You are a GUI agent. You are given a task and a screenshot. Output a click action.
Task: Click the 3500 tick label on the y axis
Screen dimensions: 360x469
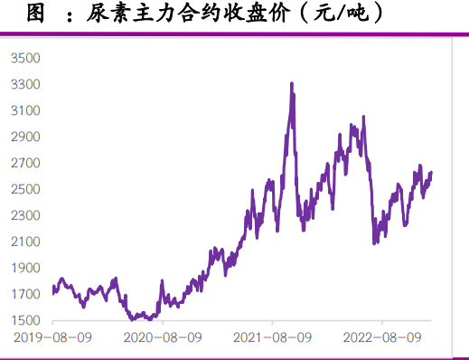click(26, 58)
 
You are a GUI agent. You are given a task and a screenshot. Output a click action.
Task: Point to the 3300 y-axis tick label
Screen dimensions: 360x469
click(26, 84)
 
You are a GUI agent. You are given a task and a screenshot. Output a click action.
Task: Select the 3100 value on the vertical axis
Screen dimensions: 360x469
click(26, 110)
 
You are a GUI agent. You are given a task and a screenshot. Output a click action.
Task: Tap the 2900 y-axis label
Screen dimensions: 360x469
click(26, 137)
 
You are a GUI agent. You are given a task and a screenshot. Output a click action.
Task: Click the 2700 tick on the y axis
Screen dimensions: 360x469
click(26, 163)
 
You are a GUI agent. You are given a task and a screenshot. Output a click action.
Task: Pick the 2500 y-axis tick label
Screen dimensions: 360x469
click(26, 189)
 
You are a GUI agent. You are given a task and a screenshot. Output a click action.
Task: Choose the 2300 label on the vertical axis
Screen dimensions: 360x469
click(26, 215)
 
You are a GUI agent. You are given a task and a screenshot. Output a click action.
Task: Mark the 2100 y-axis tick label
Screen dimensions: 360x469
click(26, 242)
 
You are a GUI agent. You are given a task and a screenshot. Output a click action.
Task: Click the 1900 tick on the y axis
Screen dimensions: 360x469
click(26, 268)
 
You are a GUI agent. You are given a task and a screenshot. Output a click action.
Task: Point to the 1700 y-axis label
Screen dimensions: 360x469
click(26, 294)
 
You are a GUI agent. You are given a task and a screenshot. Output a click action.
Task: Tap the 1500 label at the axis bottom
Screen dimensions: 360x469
click(26, 320)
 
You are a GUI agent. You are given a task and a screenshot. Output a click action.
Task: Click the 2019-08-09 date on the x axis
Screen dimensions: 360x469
click(53, 337)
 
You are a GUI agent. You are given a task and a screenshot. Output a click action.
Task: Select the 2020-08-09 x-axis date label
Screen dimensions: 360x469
click(163, 337)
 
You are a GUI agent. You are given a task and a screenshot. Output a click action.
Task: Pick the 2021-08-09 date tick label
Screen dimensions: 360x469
click(273, 337)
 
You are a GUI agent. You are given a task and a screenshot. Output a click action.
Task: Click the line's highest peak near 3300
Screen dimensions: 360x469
click(291, 83)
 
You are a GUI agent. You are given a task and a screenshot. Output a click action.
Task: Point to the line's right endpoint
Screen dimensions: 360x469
click(431, 172)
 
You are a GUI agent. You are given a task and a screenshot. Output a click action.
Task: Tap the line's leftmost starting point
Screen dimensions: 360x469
click(53, 288)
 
